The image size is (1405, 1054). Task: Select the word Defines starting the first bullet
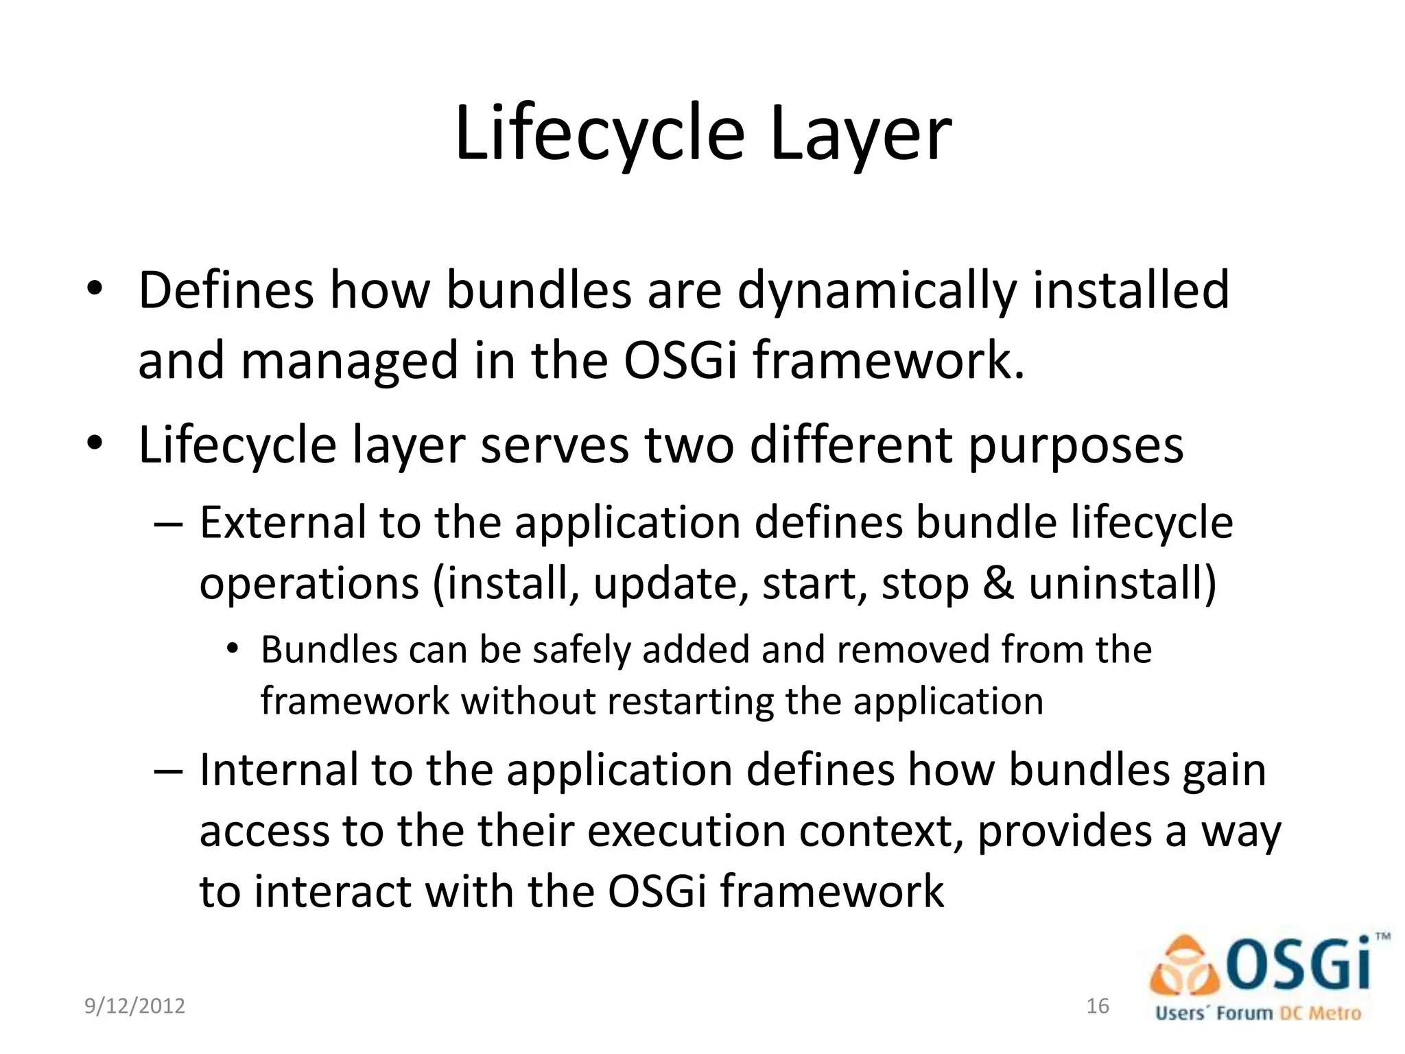(226, 291)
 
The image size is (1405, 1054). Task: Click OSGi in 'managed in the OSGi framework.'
(680, 362)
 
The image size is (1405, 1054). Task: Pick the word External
(283, 523)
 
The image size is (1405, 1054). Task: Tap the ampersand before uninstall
(998, 584)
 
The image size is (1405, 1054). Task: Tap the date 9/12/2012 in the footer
(134, 1006)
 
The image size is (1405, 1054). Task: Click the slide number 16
(1098, 1006)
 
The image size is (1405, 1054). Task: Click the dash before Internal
(168, 770)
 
